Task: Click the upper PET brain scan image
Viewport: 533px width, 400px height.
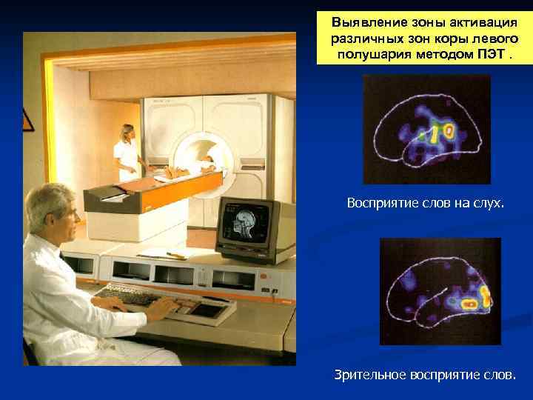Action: pos(426,129)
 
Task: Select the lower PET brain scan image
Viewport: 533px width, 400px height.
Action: pos(440,290)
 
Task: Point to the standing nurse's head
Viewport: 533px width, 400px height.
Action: pos(128,133)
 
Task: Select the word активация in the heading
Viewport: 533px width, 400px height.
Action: pos(481,21)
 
